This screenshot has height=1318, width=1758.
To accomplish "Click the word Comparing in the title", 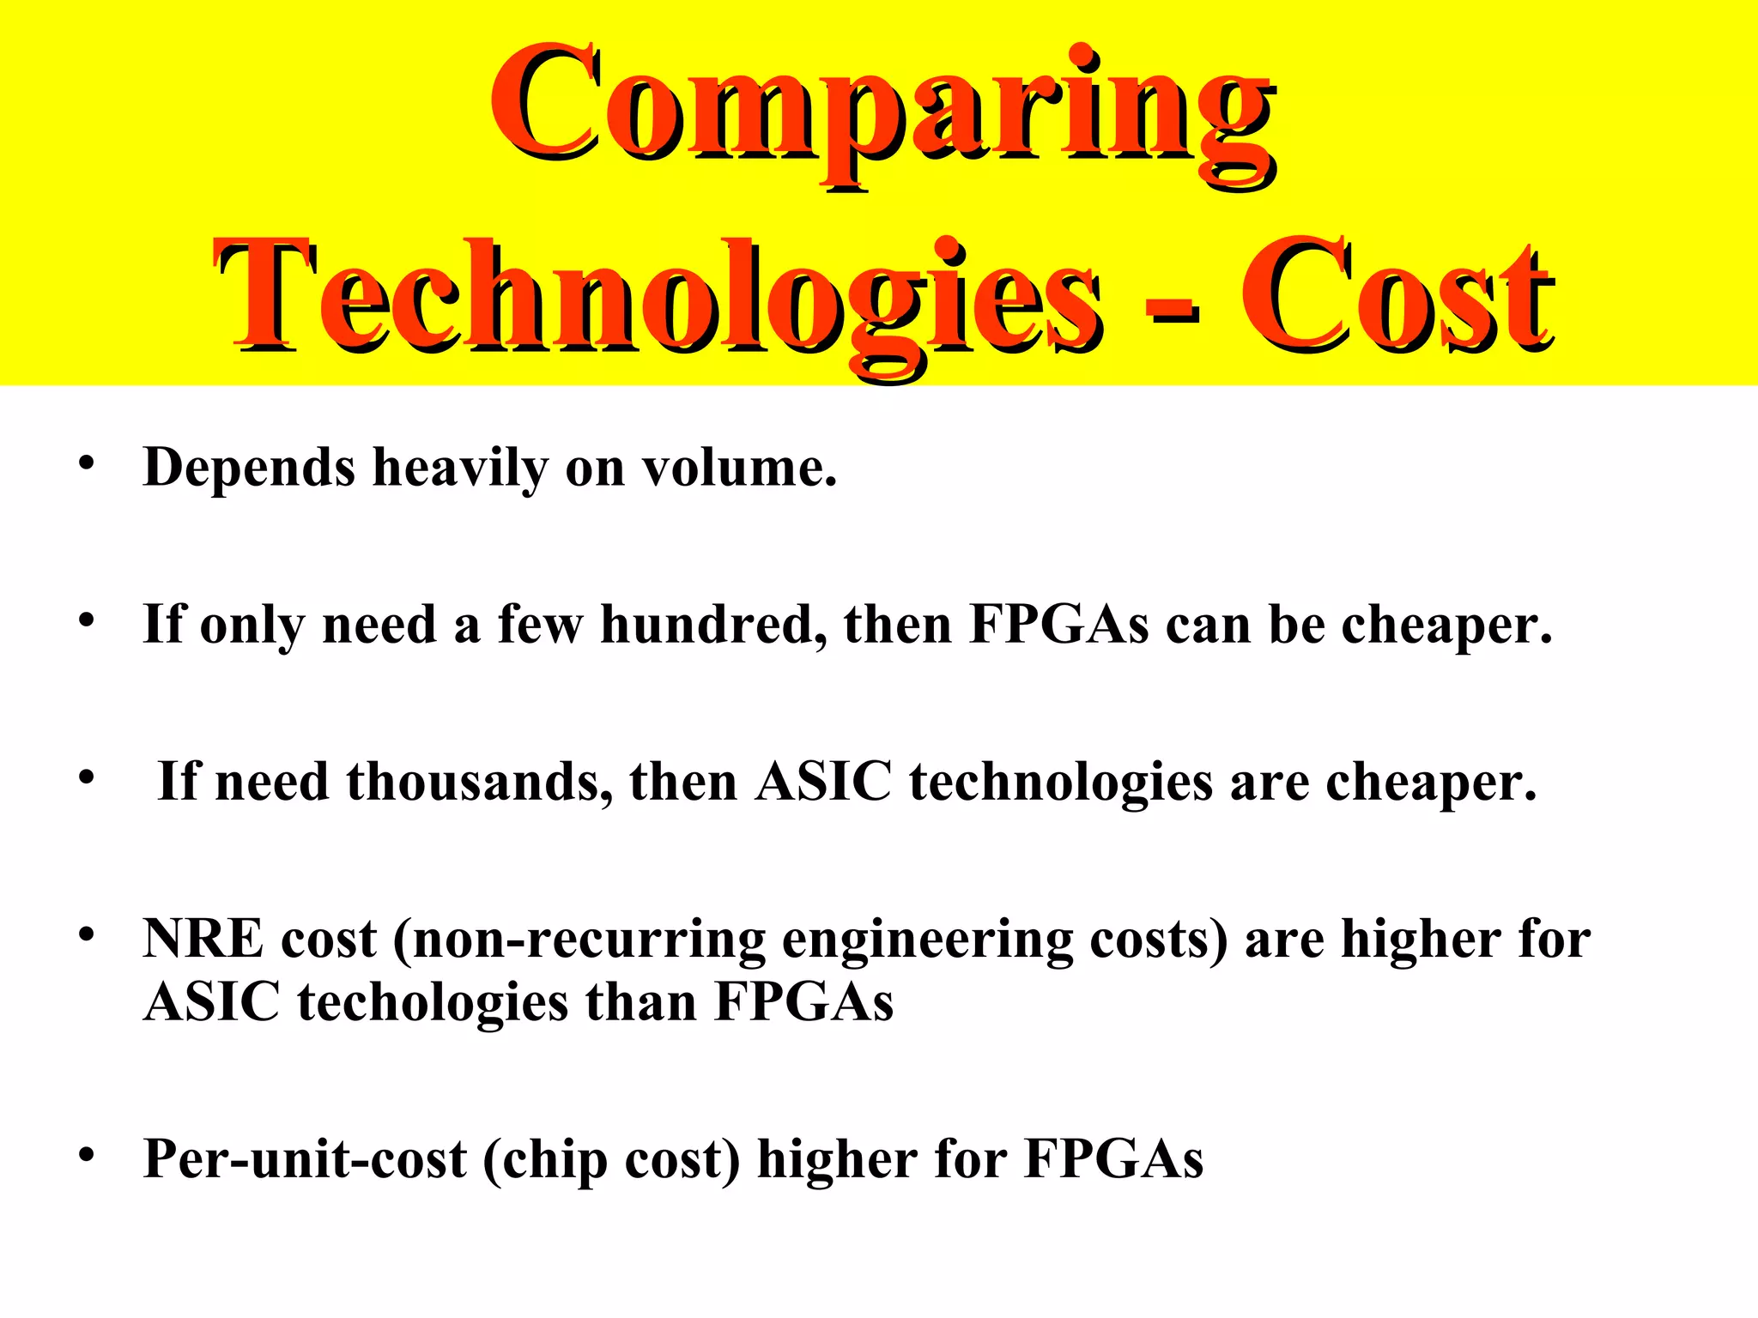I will click(x=881, y=107).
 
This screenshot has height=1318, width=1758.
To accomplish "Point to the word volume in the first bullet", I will click(x=739, y=469).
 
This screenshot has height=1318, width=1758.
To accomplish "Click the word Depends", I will click(x=249, y=469).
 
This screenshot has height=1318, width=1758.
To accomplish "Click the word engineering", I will click(x=928, y=940).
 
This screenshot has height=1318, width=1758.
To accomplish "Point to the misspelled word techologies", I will click(x=433, y=1002).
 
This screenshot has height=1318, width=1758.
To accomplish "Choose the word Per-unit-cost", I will click(x=305, y=1159).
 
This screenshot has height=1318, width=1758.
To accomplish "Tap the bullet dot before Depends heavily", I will click(x=85, y=464).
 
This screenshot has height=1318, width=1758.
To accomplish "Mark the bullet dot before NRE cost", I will click(x=85, y=934).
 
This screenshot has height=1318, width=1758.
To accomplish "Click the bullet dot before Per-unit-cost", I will click(x=85, y=1155).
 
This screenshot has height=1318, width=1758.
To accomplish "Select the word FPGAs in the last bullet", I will click(x=1113, y=1159).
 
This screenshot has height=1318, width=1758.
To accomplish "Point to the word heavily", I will click(x=460, y=470).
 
